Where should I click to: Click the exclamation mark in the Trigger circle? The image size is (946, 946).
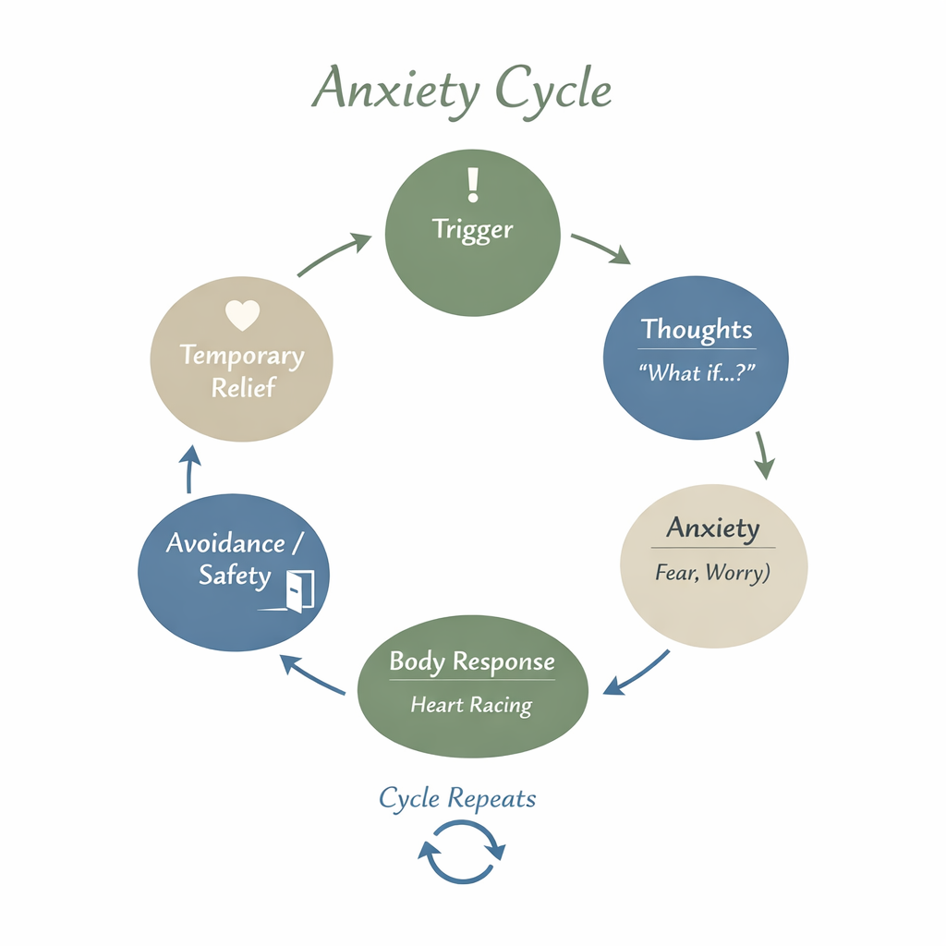pos(473,183)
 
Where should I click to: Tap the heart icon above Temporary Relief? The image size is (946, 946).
pos(242,316)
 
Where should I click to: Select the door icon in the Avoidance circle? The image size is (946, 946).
pos(299,588)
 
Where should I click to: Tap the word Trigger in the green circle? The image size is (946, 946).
pos(472,229)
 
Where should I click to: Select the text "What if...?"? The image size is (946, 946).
pos(695,373)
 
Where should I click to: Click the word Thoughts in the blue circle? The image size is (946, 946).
pos(697,329)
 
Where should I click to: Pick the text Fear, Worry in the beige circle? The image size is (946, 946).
pos(712,573)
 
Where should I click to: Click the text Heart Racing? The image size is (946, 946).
pos(471,705)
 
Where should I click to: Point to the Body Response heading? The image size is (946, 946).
pos(472,661)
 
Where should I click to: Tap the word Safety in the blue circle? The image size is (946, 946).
pos(235,576)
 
